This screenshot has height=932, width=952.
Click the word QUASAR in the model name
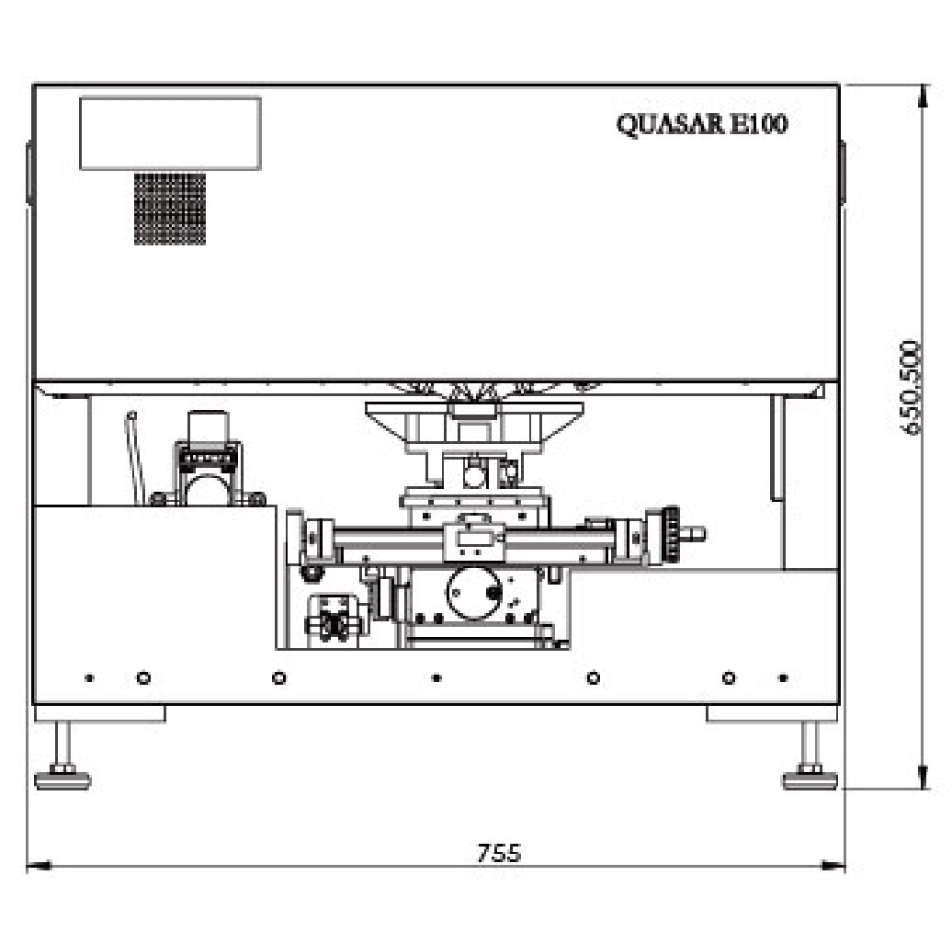tap(671, 124)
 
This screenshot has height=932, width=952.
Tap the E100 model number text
tap(759, 124)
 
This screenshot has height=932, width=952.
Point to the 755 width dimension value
tap(499, 853)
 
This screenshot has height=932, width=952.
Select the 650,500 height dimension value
tap(911, 387)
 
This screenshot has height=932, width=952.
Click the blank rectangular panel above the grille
tap(171, 133)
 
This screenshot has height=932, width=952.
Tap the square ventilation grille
tap(170, 209)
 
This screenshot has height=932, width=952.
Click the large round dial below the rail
tap(474, 593)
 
